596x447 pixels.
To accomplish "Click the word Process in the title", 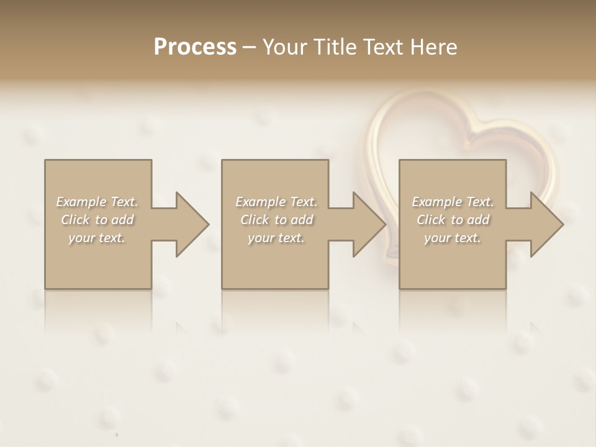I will point(195,47).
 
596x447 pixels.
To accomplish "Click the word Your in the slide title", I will point(285,47).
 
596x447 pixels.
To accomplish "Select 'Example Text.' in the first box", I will point(97,202).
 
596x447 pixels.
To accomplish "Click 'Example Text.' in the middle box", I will point(276,202).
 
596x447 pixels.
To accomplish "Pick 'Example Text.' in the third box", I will point(453,202).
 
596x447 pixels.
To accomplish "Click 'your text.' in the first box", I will point(97,238).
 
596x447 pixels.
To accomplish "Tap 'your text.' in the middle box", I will point(276,238).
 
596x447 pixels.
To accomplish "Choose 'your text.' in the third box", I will point(453,238).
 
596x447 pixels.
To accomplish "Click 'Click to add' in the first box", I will point(97,220).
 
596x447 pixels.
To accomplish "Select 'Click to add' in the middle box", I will point(276,220).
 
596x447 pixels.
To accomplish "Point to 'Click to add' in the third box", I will point(453,220).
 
